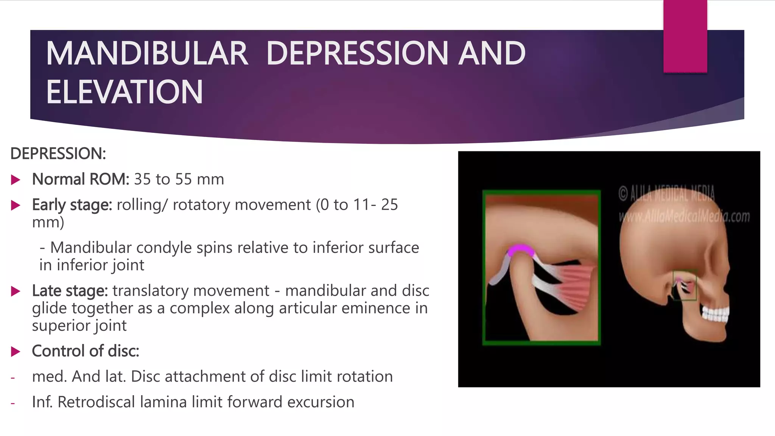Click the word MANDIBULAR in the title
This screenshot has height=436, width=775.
click(x=147, y=53)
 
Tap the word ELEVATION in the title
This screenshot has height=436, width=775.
click(x=124, y=92)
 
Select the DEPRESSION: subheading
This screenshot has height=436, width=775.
click(x=58, y=154)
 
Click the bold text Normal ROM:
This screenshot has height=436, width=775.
click(x=81, y=179)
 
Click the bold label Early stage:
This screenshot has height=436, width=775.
click(x=72, y=205)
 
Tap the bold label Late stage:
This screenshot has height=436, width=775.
click(x=70, y=291)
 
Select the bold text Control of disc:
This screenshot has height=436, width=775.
click(x=86, y=351)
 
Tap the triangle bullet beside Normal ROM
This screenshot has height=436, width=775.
click(x=16, y=180)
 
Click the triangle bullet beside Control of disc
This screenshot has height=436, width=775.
click(x=16, y=352)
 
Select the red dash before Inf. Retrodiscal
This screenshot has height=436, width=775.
click(x=13, y=403)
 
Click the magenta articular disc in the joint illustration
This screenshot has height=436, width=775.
click(x=521, y=250)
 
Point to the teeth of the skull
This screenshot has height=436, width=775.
click(x=715, y=314)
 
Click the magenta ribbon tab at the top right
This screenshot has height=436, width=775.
click(x=685, y=36)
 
